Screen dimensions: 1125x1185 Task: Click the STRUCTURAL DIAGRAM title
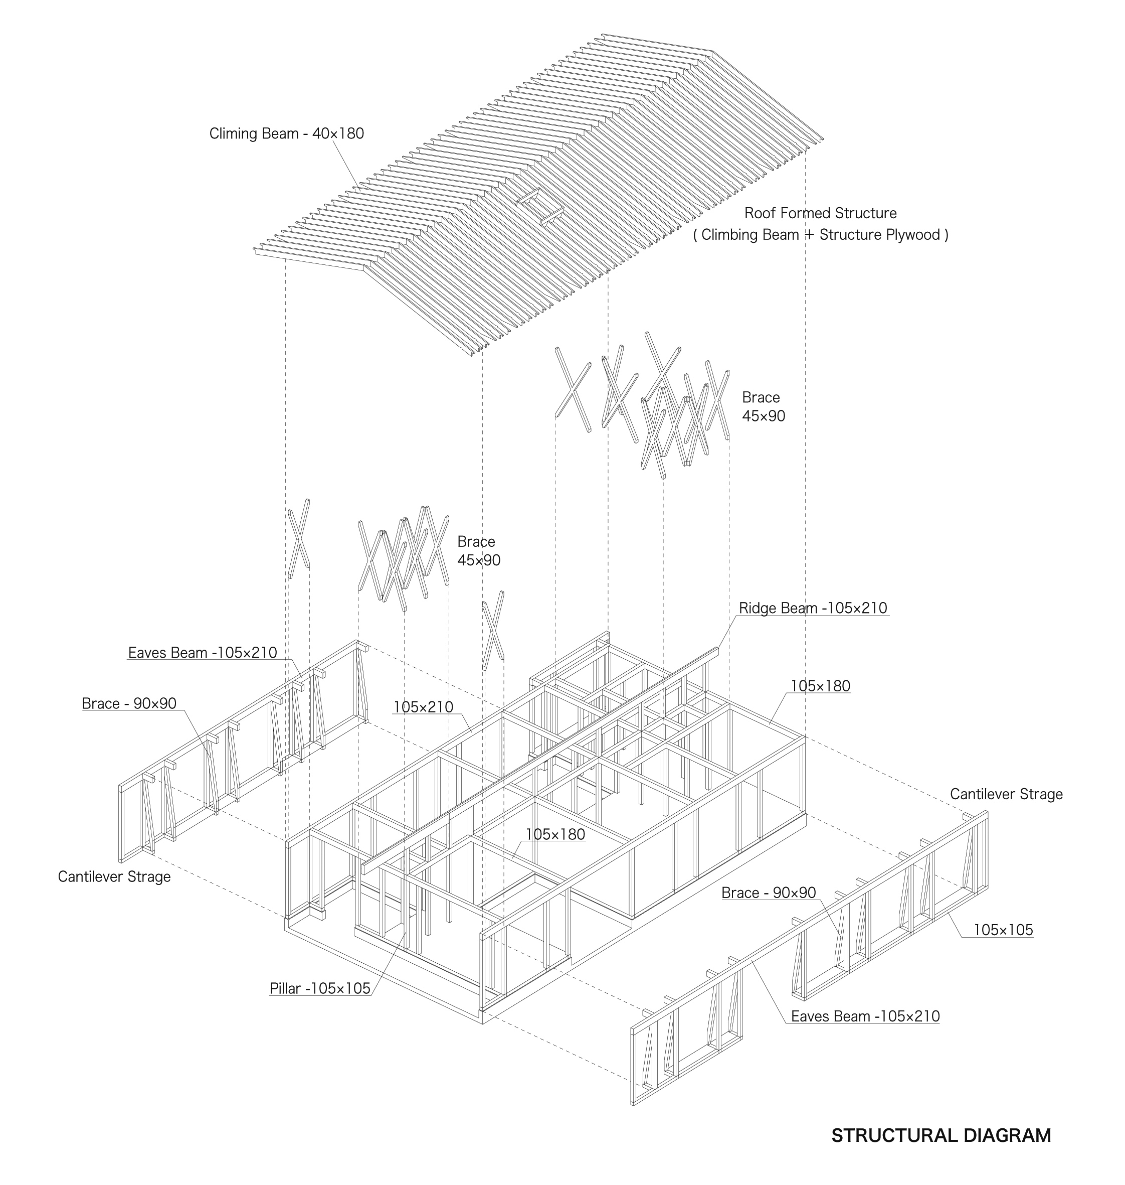tap(941, 1135)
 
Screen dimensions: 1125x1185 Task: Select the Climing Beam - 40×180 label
tap(287, 133)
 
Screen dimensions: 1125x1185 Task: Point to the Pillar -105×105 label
tap(320, 988)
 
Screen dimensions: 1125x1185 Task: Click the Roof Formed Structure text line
tap(820, 213)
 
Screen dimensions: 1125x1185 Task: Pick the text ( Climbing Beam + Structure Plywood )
tap(820, 235)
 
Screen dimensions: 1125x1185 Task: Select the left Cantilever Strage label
tap(114, 876)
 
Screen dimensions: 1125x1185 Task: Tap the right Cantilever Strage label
tap(1006, 794)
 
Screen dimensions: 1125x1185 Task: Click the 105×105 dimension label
tap(1003, 930)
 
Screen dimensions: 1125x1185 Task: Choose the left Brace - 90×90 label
tap(129, 703)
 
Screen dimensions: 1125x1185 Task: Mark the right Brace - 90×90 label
tap(769, 893)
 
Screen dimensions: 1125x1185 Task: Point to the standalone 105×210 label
tap(423, 707)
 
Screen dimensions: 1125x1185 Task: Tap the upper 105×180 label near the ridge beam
tap(820, 686)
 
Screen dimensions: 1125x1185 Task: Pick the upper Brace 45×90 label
tap(764, 406)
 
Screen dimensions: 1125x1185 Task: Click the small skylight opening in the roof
tap(540, 207)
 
